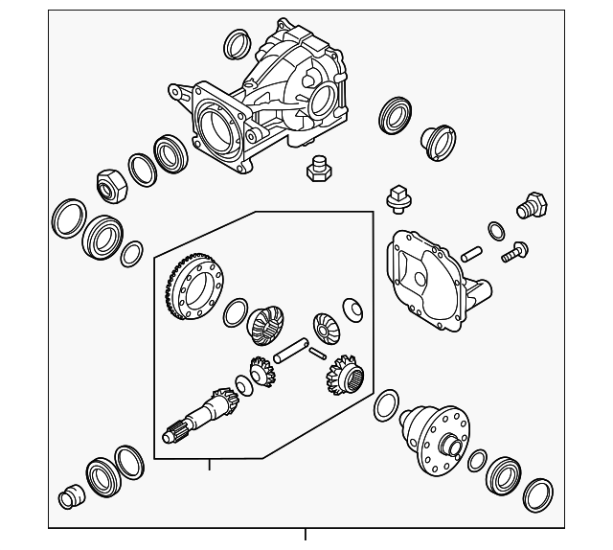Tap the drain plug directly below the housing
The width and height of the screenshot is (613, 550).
tap(318, 170)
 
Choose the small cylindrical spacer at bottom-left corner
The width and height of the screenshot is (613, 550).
tap(69, 497)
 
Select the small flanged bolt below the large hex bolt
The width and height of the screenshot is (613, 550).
tap(514, 252)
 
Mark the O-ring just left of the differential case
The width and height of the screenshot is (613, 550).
tap(386, 404)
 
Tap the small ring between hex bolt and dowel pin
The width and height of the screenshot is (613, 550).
tap(496, 230)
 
